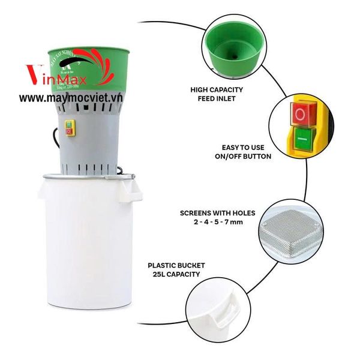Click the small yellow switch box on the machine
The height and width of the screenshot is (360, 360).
point(70,128)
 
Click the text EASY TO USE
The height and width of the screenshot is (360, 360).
point(242,147)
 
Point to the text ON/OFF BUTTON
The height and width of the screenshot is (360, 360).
point(242,156)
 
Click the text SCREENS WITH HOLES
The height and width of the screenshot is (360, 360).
point(217,213)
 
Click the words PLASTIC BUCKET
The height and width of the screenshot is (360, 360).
point(176,265)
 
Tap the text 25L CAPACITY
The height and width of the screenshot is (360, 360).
point(176,274)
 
